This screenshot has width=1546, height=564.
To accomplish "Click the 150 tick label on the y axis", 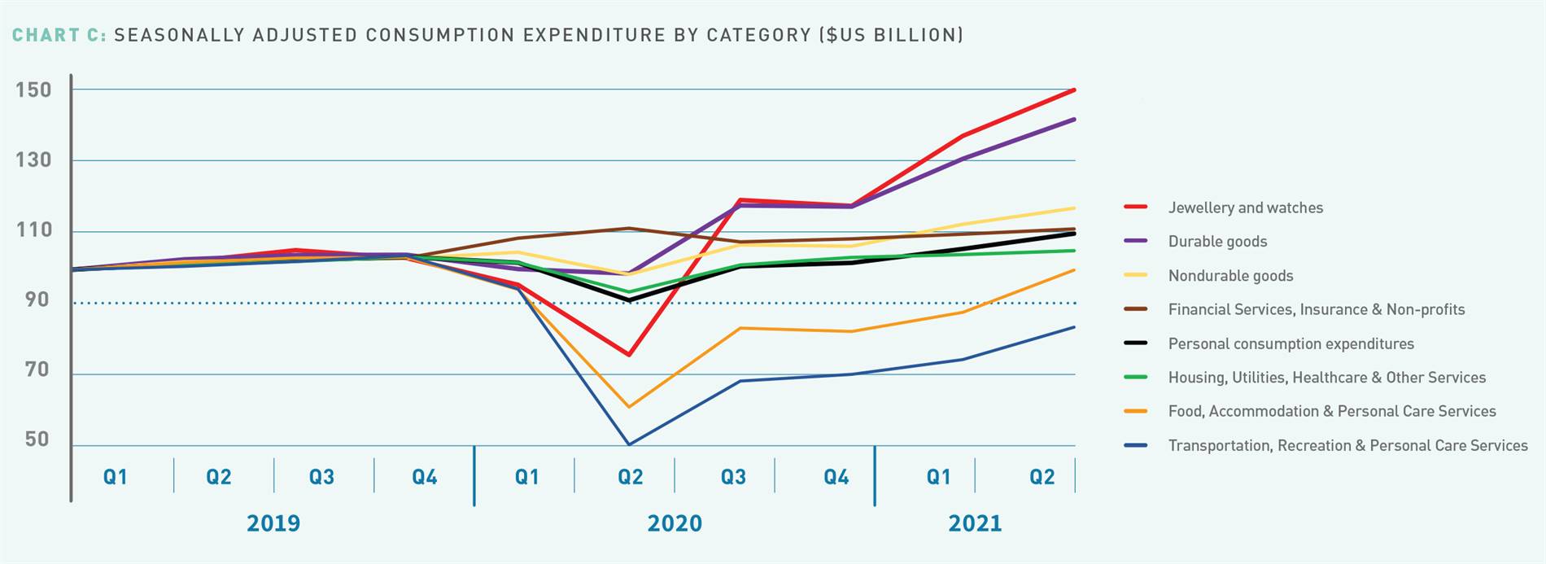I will tap(33, 90).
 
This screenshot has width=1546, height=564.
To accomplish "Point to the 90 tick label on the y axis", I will tap(37, 300).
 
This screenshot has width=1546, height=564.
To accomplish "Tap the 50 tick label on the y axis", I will tap(37, 440).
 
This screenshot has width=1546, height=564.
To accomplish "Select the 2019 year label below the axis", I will tap(273, 523).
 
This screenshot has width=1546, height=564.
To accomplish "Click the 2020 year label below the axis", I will tap(675, 523).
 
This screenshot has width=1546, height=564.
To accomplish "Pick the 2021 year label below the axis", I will tap(975, 523).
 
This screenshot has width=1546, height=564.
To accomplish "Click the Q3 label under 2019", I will tap(321, 477).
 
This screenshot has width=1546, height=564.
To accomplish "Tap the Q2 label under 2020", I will tap(630, 477).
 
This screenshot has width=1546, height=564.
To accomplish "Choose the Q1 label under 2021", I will tap(938, 477).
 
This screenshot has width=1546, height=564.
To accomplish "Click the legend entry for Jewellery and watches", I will tap(1245, 208).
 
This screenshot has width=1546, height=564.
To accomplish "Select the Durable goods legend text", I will tap(1217, 242).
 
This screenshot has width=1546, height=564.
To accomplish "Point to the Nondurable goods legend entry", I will tap(1230, 276).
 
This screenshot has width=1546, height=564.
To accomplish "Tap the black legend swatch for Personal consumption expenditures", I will tap(1135, 343).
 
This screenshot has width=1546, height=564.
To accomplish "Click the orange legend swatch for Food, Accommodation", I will tap(1135, 412).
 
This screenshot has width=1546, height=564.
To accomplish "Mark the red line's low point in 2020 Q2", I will tap(629, 355).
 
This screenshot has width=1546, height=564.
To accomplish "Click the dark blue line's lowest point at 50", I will tap(629, 444).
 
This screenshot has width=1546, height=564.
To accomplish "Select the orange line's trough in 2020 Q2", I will tap(629, 407).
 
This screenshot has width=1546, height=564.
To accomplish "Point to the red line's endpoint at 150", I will tap(1074, 90).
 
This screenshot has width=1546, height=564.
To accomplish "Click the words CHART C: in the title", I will tap(59, 35).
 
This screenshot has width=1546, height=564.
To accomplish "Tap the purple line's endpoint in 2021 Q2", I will tap(1074, 120).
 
